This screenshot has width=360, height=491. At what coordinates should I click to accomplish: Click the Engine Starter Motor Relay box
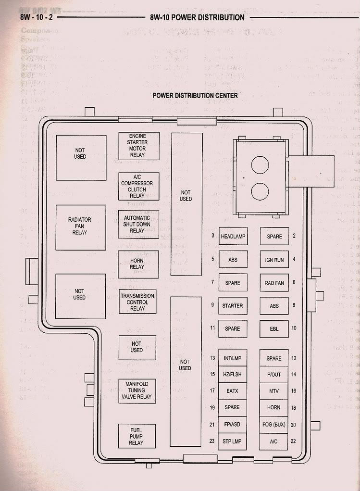[x=139, y=146]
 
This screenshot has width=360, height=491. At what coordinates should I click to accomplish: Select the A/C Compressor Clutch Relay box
[x=139, y=186]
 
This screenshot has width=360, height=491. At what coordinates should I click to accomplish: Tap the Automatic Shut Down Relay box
[x=139, y=224]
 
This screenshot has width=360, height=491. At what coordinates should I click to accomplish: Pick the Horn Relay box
[x=138, y=264]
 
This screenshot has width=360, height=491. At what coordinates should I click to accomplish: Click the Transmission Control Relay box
[x=137, y=302]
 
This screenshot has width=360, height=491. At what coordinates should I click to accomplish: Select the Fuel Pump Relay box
[x=137, y=436]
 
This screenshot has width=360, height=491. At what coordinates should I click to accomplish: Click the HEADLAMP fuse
[x=233, y=237]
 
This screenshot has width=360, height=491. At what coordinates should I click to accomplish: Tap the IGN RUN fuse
[x=274, y=260]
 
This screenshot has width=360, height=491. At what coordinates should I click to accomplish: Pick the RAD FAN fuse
[x=274, y=283]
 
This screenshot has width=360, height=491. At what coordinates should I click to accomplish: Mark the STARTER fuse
[x=233, y=306]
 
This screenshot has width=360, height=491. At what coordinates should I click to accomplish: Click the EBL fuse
[x=274, y=329]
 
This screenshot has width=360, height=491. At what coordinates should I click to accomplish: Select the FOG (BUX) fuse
[x=274, y=425]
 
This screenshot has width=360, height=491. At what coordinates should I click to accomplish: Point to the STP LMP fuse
[x=233, y=441]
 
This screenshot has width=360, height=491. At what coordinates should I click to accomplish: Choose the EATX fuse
[x=233, y=391]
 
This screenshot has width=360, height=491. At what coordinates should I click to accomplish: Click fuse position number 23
[x=212, y=441]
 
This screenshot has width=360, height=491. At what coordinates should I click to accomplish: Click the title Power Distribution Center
[x=195, y=95]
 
